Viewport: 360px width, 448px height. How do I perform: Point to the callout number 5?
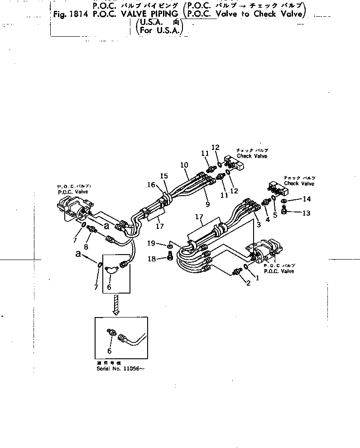274,215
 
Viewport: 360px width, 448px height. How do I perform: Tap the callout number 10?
184,165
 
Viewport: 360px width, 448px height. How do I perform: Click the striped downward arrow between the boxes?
116,304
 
